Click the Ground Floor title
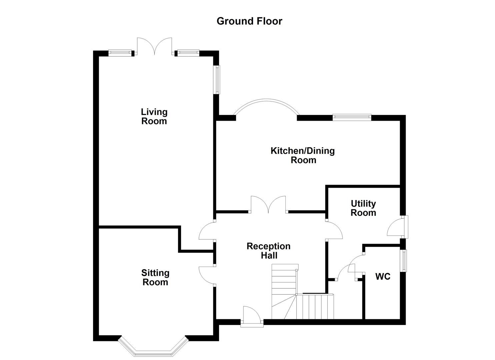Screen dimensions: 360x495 point(249,21)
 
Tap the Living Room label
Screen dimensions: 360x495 point(154,116)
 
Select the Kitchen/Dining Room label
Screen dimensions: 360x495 point(303,155)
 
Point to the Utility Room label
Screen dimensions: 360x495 point(363,208)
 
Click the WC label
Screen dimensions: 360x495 point(383,277)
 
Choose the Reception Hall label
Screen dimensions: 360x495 point(269,251)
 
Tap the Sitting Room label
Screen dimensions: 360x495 point(155,278)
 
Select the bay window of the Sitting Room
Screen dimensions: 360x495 point(153,347)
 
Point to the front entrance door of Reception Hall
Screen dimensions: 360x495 point(252,315)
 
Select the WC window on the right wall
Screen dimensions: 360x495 point(404,260)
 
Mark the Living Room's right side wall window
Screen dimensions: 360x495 point(217,79)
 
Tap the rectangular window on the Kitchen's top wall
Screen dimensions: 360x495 point(352,117)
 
